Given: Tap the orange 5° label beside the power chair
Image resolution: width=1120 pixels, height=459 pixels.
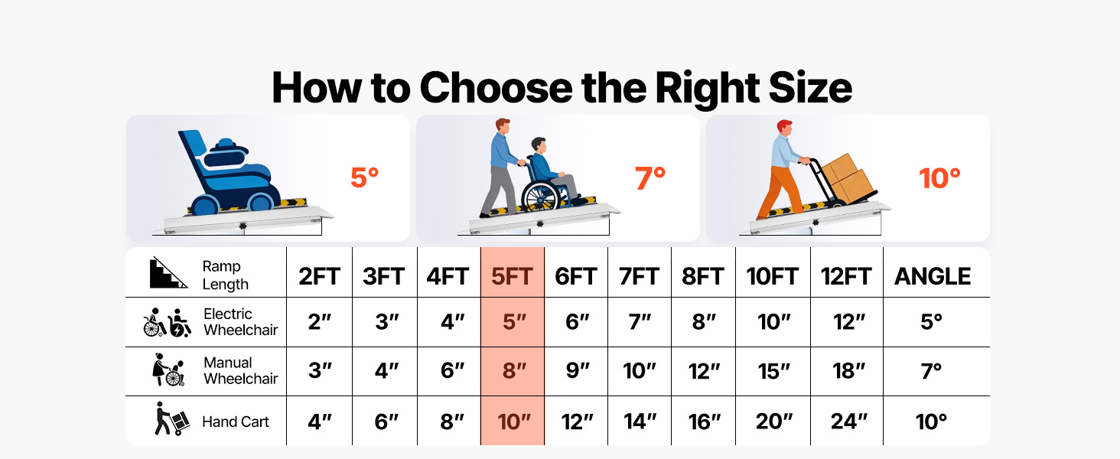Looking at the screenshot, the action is click(364, 177).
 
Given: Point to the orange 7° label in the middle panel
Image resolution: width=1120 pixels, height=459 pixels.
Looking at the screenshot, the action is click(650, 178).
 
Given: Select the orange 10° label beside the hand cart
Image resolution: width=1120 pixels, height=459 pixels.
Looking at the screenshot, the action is click(939, 178).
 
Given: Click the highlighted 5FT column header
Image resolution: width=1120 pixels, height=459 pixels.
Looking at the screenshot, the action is click(512, 276).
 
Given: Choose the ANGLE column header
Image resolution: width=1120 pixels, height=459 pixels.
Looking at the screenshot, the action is click(933, 276).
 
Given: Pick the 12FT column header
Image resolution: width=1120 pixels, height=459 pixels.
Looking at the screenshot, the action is click(846, 276).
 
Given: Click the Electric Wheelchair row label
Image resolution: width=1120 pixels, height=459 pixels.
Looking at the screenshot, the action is click(240, 321).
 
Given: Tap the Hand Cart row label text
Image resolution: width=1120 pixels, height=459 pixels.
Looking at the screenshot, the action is click(235, 422).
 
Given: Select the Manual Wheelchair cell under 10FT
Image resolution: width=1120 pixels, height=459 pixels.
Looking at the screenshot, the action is click(773, 371).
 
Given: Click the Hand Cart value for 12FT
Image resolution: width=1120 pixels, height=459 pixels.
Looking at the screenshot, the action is click(848, 421).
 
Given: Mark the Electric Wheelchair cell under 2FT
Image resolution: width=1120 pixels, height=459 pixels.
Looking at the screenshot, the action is click(320, 321).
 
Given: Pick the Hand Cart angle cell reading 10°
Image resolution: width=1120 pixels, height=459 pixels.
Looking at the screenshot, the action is click(931, 422).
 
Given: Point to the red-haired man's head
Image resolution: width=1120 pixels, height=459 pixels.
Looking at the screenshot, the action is click(785, 128).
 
